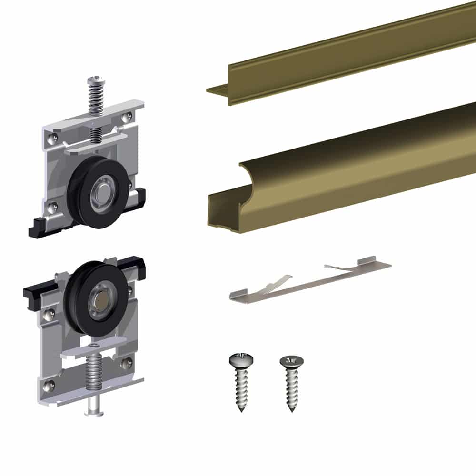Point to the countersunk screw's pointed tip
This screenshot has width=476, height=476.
[x=291, y=409]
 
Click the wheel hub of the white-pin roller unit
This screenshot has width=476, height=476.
[x=101, y=300]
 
